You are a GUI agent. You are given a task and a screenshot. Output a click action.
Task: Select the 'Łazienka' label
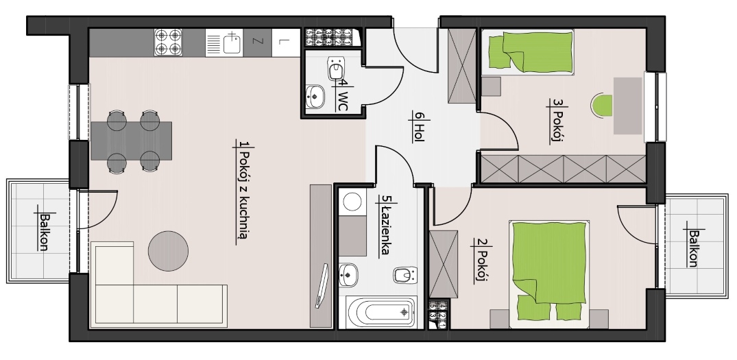click(x=385, y=231)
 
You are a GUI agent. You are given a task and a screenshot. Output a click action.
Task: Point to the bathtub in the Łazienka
click(x=381, y=311)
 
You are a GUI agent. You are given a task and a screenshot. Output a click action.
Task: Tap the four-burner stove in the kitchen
click(x=168, y=43)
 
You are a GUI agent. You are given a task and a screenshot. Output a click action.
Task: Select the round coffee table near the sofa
click(x=168, y=250)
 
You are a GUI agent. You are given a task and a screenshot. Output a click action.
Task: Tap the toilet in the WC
click(x=336, y=68)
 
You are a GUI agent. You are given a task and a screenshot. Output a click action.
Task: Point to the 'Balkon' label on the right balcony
click(x=693, y=248)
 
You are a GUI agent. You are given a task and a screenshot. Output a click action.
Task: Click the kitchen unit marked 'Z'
click(x=257, y=43)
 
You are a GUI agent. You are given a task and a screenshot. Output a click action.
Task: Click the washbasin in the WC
click(x=315, y=97)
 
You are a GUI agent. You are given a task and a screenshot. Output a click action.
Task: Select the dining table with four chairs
click(x=131, y=141)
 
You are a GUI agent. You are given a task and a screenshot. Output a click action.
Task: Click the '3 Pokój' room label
click(x=557, y=120)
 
